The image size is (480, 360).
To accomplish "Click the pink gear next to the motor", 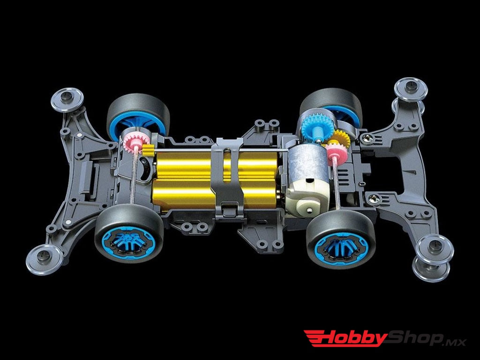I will pyautogui.click(x=336, y=153).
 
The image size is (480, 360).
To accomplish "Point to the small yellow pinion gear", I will pyautogui.click(x=148, y=150).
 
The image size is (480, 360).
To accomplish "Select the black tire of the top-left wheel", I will pyautogui.click(x=121, y=112).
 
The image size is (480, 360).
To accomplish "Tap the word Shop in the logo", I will pyautogui.click(x=415, y=337).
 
